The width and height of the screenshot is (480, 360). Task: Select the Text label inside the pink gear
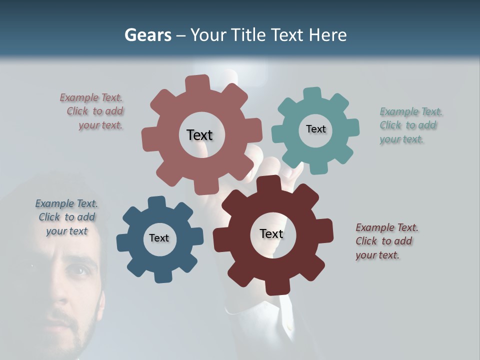point(199,135)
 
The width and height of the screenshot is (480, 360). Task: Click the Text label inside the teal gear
point(315,129)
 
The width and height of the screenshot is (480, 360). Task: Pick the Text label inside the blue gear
point(159,238)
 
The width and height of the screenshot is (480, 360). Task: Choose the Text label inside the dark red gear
point(271,233)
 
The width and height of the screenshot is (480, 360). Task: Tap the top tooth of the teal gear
point(313,93)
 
